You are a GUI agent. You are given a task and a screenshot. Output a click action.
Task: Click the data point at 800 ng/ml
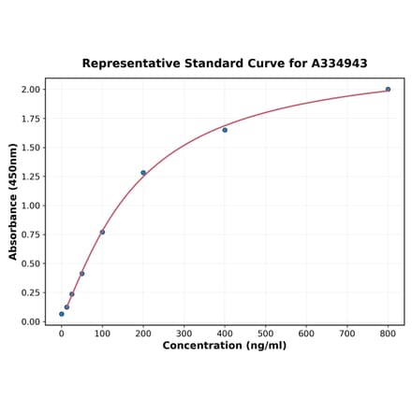click(x=388, y=90)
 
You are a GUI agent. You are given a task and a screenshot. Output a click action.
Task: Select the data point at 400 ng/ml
click(x=225, y=130)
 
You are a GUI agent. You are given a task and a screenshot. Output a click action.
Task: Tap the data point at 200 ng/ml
click(x=143, y=173)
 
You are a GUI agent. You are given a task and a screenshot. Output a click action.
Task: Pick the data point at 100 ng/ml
click(x=102, y=232)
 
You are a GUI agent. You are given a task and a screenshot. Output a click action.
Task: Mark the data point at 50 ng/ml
click(x=82, y=274)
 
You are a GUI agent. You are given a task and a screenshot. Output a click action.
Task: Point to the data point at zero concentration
click(x=62, y=314)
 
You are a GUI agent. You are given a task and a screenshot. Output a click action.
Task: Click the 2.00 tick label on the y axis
click(x=30, y=90)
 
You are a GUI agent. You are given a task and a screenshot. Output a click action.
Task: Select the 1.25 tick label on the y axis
click(x=30, y=177)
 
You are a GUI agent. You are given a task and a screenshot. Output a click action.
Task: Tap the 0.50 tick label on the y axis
click(x=30, y=263)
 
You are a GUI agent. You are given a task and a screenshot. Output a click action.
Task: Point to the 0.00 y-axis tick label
click(x=30, y=322)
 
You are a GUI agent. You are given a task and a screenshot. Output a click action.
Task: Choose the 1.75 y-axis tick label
click(x=30, y=119)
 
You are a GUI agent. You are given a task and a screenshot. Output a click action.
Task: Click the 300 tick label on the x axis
click(x=184, y=333)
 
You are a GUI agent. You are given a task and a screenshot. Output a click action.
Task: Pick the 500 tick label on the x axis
click(x=266, y=333)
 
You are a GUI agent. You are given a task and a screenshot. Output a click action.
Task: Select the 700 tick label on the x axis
click(x=347, y=333)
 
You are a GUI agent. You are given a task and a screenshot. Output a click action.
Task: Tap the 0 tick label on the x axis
click(x=62, y=333)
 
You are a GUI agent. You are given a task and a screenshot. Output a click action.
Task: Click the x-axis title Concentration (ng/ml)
click(x=225, y=346)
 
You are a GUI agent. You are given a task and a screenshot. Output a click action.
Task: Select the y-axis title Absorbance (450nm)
click(x=13, y=201)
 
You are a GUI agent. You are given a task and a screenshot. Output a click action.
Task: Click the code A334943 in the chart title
click(x=334, y=64)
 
